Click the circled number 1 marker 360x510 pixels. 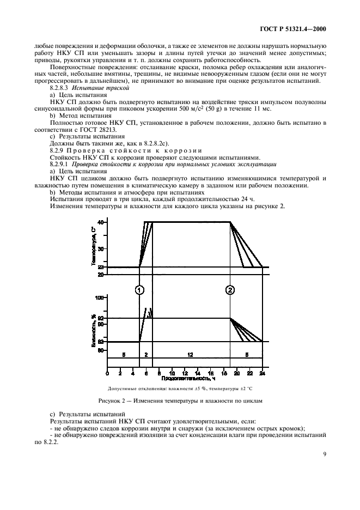click(140, 290)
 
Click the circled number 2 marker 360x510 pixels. click(230, 290)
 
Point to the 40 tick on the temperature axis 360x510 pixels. click(101, 222)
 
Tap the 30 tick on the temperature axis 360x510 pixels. click(101, 248)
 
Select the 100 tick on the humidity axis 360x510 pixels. click(100, 298)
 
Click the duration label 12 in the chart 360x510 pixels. click(190, 355)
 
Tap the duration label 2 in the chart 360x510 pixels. click(146, 355)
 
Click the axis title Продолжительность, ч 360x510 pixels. click(186, 378)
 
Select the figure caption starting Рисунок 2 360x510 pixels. click(185, 400)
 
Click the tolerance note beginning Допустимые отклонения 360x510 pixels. click(185, 389)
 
